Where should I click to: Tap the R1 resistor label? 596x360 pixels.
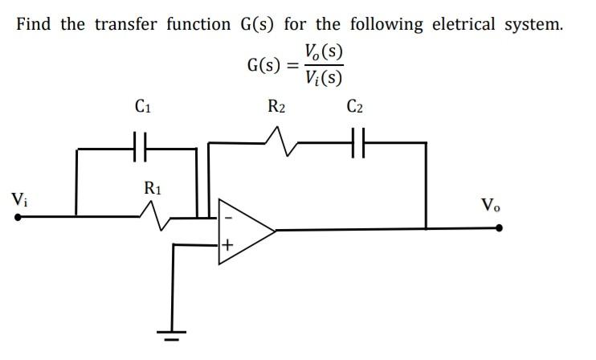click(152, 190)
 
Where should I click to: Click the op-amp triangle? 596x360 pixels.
click(244, 229)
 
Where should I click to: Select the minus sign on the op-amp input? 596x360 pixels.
click(227, 216)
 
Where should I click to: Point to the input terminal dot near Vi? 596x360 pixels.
click(17, 216)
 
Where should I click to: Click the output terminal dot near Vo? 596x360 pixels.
click(500, 228)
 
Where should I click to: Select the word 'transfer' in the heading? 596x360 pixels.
click(128, 23)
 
